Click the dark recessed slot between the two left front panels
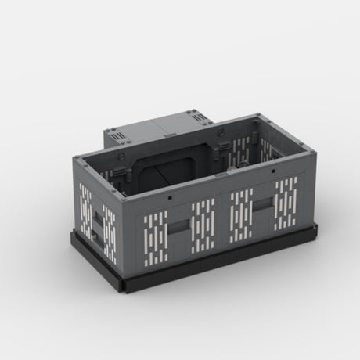coord(178,228)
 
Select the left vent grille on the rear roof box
coord(120,139)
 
